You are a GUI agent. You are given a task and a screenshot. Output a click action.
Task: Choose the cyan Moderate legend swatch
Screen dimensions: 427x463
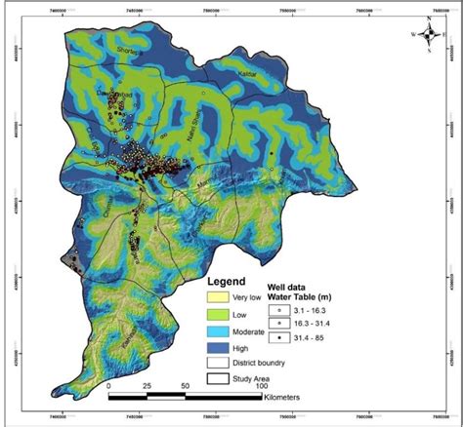pos(217,331)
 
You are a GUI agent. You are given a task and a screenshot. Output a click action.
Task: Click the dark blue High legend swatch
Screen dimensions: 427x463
pos(217,347)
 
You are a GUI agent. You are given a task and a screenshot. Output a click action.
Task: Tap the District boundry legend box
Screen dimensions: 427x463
pos(217,363)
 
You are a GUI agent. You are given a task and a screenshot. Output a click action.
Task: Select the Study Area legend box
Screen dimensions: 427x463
pos(217,379)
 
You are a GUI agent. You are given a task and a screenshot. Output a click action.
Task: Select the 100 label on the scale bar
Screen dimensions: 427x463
pos(261,386)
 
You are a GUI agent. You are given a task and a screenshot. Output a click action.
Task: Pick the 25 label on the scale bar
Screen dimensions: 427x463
pos(147,386)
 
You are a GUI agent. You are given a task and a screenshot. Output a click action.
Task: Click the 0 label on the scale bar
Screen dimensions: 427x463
pos(107,386)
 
